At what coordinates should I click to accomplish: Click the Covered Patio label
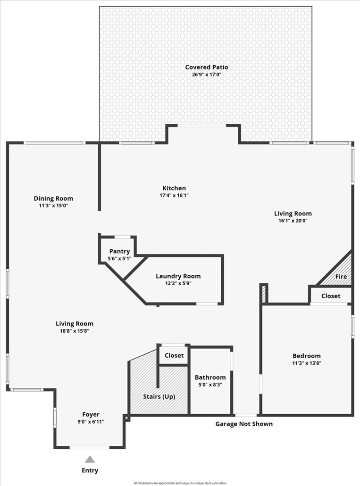pyautogui.click(x=207, y=67)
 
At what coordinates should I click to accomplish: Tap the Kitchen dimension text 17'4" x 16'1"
pyautogui.click(x=174, y=195)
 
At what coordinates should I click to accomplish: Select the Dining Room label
pyautogui.click(x=53, y=198)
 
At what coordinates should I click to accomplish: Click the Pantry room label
pyautogui.click(x=119, y=251)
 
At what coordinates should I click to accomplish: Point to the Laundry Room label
pyautogui.click(x=178, y=276)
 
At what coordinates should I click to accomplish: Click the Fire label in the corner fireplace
pyautogui.click(x=341, y=276)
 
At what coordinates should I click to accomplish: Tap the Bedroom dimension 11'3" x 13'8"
pyautogui.click(x=307, y=363)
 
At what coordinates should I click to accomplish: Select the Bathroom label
pyautogui.click(x=210, y=377)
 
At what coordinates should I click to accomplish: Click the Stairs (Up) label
pyautogui.click(x=159, y=397)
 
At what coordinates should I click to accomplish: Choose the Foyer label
pyautogui.click(x=91, y=414)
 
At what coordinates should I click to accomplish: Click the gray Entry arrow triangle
pyautogui.click(x=90, y=460)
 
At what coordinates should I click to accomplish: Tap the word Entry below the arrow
pyautogui.click(x=90, y=470)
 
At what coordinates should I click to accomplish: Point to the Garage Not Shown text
pyautogui.click(x=244, y=424)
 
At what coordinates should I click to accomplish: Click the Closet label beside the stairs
pyautogui.click(x=174, y=356)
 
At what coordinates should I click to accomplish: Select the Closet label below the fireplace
pyautogui.click(x=331, y=296)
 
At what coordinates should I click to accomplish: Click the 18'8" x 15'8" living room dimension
pyautogui.click(x=74, y=331)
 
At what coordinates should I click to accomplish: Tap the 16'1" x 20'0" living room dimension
pyautogui.click(x=293, y=221)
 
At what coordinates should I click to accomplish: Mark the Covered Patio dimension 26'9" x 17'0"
pyautogui.click(x=207, y=75)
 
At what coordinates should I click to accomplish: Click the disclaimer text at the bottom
pyautogui.click(x=180, y=483)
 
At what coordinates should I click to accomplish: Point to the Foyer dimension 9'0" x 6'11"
pyautogui.click(x=91, y=421)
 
